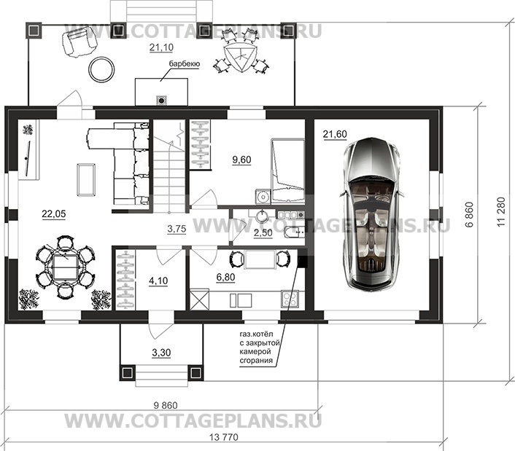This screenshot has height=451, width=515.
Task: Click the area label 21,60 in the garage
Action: (335, 134)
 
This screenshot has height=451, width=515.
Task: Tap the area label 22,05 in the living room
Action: (54, 214)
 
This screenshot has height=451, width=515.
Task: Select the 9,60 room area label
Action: (241, 160)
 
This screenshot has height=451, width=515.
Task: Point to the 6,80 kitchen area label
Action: (225, 277)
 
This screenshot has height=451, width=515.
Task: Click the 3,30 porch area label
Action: (161, 353)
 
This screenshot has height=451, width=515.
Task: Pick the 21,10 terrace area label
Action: (161, 47)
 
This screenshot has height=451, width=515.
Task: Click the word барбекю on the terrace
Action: (185, 63)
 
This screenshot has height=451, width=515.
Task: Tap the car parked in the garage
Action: (372, 214)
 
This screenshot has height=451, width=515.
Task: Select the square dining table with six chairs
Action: (65, 267)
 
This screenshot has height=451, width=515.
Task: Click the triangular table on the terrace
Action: (241, 57)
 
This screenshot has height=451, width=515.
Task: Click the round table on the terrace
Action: (102, 69)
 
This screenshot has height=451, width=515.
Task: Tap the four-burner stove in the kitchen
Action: (290, 299)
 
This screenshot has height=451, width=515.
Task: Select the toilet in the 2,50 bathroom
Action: (294, 232)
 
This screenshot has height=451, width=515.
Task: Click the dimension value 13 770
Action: (223, 437)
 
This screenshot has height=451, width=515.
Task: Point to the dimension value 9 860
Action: (166, 405)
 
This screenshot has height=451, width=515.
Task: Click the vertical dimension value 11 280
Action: (501, 212)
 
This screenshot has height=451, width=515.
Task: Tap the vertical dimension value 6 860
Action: (470, 214)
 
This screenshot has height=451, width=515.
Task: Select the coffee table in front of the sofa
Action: (86, 180)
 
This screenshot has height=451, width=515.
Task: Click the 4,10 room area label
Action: (158, 281)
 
